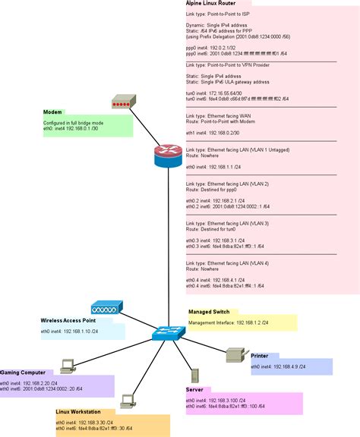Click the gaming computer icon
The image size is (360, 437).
pyautogui.click(x=67, y=365)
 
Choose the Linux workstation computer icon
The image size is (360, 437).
pyautogui.click(x=128, y=399)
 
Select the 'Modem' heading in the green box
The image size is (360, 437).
pyautogui.click(x=52, y=112)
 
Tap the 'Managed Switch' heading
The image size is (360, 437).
pyautogui.click(x=209, y=312)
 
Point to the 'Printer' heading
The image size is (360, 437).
pyautogui.click(x=260, y=355)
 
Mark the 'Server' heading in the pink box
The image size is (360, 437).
pyautogui.click(x=194, y=389)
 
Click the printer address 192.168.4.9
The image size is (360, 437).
pyautogui.click(x=291, y=366)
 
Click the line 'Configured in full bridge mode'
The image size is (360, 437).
pyautogui.click(x=74, y=122)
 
